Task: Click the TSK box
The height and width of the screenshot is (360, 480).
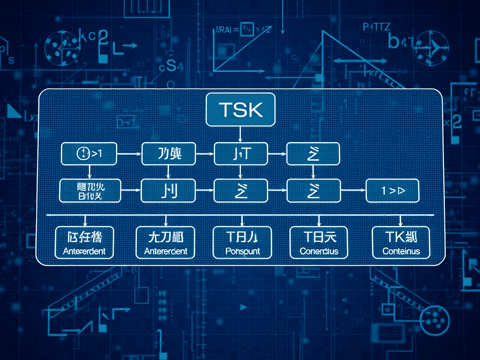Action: [240, 110]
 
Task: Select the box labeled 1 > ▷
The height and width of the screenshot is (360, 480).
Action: [392, 191]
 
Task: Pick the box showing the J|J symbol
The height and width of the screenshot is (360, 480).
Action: [168, 191]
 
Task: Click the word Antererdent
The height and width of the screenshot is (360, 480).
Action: [84, 251]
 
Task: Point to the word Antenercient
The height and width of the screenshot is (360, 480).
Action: [165, 251]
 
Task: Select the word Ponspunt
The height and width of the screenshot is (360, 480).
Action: [242, 251]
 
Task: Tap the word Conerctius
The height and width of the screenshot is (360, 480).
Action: [319, 251]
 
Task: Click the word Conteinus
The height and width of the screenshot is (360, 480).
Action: [401, 251]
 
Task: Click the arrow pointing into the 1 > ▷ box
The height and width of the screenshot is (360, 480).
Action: [352, 190]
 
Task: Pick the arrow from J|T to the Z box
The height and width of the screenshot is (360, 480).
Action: [277, 153]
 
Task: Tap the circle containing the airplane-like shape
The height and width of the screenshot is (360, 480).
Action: [433, 46]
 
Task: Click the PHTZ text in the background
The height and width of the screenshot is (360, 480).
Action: [376, 27]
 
